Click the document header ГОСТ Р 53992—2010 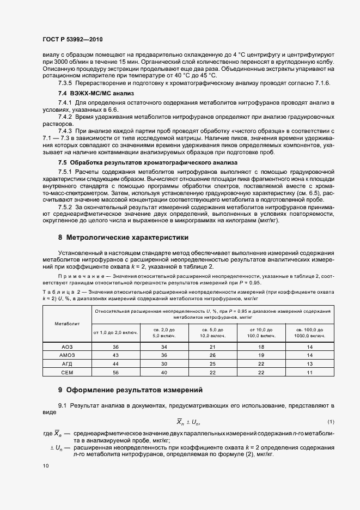click(x=72, y=40)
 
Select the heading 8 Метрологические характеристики click(x=123, y=238)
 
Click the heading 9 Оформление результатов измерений click(x=130, y=390)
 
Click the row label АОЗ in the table click(x=68, y=347)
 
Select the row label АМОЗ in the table click(x=68, y=355)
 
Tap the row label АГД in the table click(x=68, y=363)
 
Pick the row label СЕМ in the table click(x=68, y=372)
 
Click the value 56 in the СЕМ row click(x=115, y=372)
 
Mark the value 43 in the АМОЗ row click(x=115, y=355)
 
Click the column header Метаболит click(x=68, y=324)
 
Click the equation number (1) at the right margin click(x=331, y=422)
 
